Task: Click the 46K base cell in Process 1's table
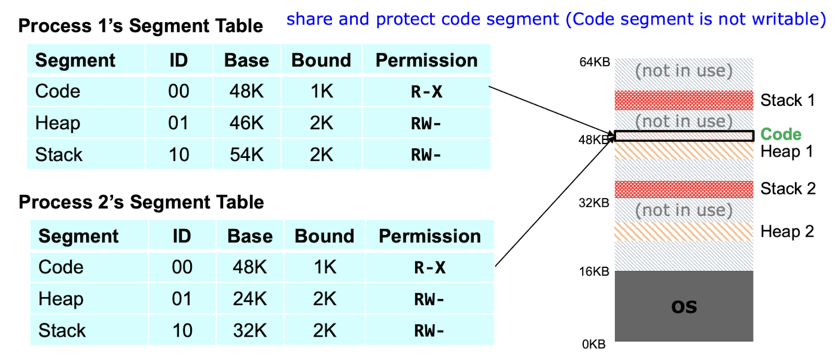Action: pyautogui.click(x=246, y=123)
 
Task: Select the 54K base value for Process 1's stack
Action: pyautogui.click(x=246, y=154)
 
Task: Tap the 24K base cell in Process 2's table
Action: pyautogui.click(x=250, y=298)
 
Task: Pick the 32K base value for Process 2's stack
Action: pyautogui.click(x=250, y=330)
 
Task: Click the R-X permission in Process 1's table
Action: pyautogui.click(x=426, y=91)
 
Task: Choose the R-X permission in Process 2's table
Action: pyautogui.click(x=430, y=267)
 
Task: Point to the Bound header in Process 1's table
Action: pyautogui.click(x=321, y=60)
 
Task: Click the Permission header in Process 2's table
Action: pyautogui.click(x=430, y=236)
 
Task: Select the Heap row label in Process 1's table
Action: pyautogui.click(x=57, y=123)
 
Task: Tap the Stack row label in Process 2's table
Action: pyautogui.click(x=62, y=330)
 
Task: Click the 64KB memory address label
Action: pyautogui.click(x=595, y=62)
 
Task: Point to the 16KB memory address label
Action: pyautogui.click(x=594, y=271)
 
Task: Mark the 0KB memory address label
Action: pyautogui.click(x=594, y=344)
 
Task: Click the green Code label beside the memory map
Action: pyautogui.click(x=781, y=134)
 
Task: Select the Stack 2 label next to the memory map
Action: pyautogui.click(x=788, y=188)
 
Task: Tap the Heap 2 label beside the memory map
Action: pyautogui.click(x=787, y=231)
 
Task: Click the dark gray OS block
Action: pyautogui.click(x=684, y=306)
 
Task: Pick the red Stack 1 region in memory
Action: pyautogui.click(x=684, y=100)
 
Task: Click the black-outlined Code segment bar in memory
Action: pyautogui.click(x=684, y=136)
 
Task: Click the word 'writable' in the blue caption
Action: pyautogui.click(x=787, y=19)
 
